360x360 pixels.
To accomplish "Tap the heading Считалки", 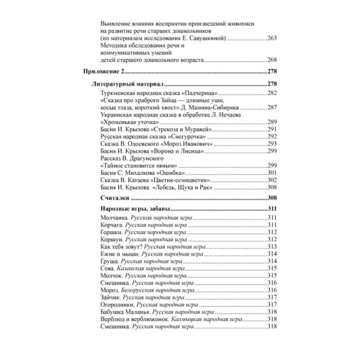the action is pyautogui.click(x=112, y=197).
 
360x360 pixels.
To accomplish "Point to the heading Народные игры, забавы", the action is pyautogui.click(x=133, y=209).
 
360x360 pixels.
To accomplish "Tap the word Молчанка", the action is pyautogui.click(x=110, y=217).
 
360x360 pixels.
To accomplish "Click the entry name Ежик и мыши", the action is pyautogui.click(x=117, y=253).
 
